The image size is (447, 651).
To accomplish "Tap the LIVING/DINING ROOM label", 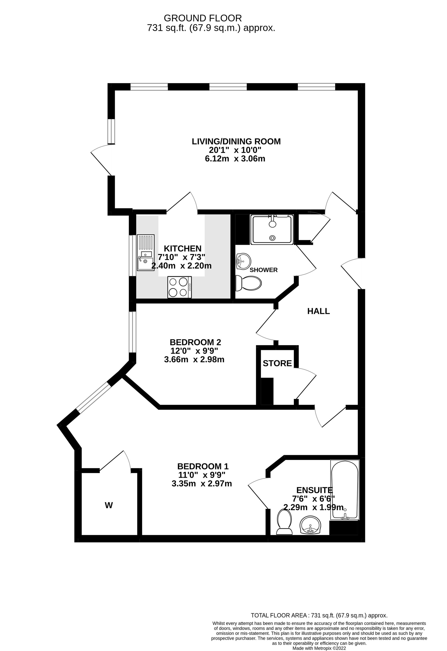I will pos(236,141).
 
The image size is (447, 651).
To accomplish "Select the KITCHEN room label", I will pos(182,248).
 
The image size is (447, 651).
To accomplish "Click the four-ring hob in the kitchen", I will pos(179,287).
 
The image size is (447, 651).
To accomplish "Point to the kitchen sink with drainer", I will pos(145,252).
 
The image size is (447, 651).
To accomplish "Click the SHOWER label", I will pos(264,270).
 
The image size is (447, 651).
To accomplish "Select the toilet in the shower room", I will pos(248,283).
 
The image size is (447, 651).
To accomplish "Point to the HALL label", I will pos(318,311).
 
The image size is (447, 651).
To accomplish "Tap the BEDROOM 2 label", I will pos(195,342).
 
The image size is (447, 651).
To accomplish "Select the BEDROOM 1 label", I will pos(203,466).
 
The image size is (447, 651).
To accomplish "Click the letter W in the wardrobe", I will pos(109,505).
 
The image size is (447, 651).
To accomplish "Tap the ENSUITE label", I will pos(314,490).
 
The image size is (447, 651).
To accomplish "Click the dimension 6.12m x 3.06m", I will pos(235,159).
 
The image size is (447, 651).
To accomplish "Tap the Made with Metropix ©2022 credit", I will pos(319,648).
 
